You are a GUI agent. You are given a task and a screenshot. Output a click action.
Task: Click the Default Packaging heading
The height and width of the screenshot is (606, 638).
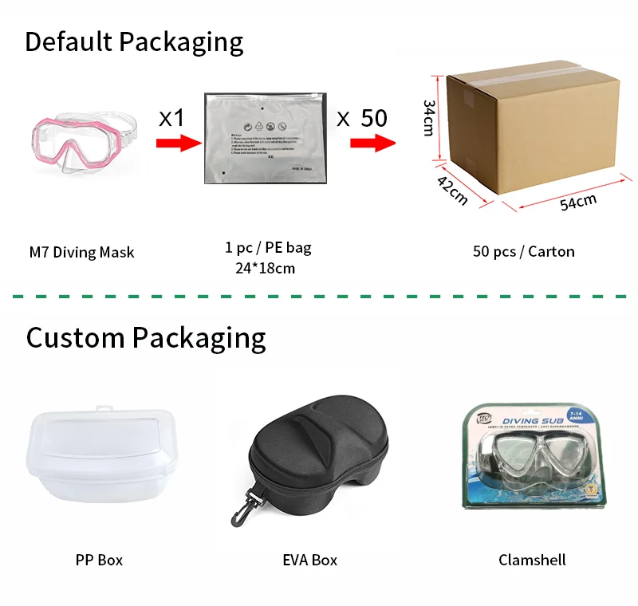[x=134, y=41]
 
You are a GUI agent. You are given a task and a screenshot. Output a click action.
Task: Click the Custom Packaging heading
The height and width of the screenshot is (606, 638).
[x=146, y=337]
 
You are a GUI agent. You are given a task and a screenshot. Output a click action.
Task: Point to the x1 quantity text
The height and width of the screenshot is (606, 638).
[x=171, y=118]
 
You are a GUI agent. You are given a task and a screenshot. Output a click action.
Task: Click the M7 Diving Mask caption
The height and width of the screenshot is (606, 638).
[x=81, y=253]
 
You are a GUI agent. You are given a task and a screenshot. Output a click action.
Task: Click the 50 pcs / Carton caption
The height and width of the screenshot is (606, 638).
[x=523, y=251]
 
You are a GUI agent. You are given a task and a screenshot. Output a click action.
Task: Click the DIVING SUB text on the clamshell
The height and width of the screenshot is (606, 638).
[x=522, y=419]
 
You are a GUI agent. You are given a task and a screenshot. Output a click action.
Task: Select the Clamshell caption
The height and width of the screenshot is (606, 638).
[x=532, y=560]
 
